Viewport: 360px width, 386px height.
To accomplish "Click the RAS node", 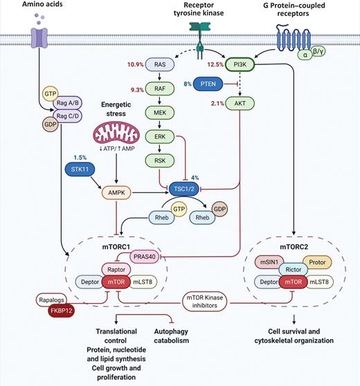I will point(159,65).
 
